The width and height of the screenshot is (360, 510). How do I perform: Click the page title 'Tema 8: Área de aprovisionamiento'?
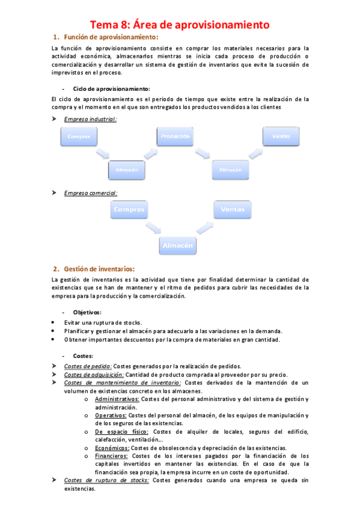[x=179, y=25]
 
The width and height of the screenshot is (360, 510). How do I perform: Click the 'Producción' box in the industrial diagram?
[x=175, y=137]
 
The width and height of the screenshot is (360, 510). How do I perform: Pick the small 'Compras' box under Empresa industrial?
[x=79, y=137]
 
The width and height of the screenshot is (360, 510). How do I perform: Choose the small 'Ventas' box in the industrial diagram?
[x=281, y=136]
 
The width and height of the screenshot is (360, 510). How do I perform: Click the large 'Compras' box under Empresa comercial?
[x=128, y=209]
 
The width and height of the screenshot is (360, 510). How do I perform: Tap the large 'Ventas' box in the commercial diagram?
[x=233, y=209]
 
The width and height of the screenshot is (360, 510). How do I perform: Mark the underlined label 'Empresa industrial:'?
[x=90, y=119]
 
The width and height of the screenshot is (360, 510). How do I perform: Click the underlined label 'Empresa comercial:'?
[x=91, y=192]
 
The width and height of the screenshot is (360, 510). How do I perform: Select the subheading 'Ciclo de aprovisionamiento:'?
[x=111, y=88]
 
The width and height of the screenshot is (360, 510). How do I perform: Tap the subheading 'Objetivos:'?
[x=87, y=312]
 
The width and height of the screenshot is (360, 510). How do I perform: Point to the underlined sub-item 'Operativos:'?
[x=110, y=415]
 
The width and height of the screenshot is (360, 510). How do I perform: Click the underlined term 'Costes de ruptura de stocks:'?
[x=107, y=480]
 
